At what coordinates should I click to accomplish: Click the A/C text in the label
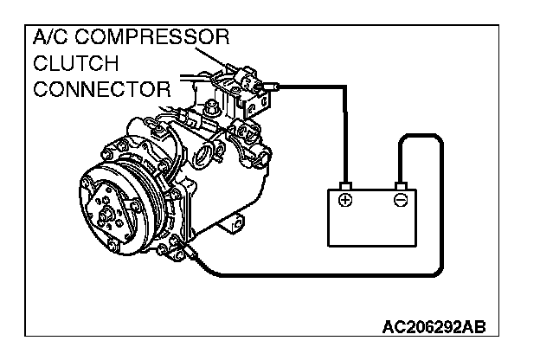pyautogui.click(x=50, y=39)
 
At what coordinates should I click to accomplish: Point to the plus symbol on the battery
pyautogui.click(x=345, y=201)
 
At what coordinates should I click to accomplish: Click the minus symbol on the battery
pyautogui.click(x=400, y=201)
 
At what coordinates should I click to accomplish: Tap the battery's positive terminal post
pyautogui.click(x=344, y=185)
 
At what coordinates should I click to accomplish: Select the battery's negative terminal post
pyautogui.click(x=400, y=185)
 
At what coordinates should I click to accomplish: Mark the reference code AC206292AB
pyautogui.click(x=434, y=327)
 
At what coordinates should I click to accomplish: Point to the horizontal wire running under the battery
pyautogui.click(x=329, y=276)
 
